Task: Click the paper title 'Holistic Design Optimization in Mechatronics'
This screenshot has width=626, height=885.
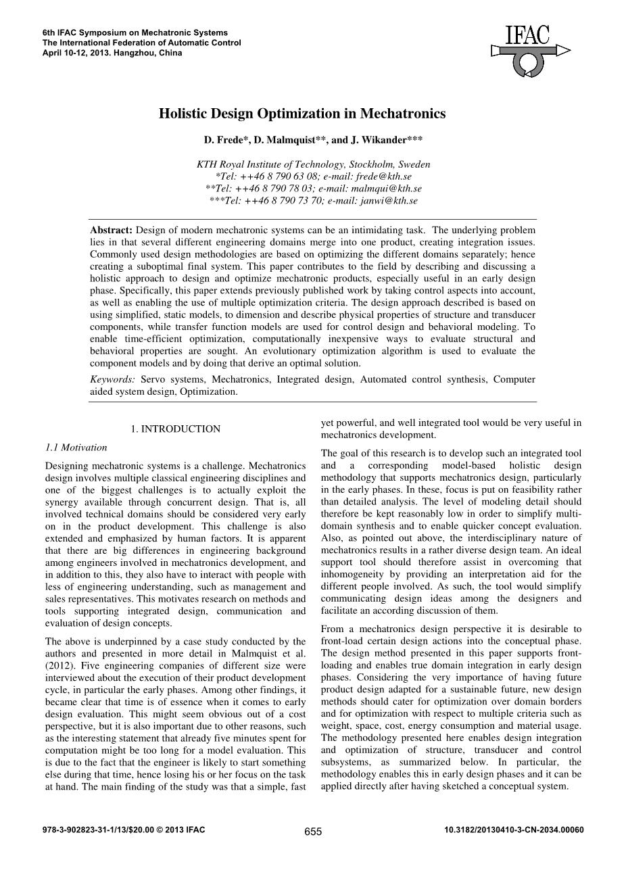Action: click(x=302, y=114)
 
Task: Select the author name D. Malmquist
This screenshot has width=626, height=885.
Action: click(x=270, y=141)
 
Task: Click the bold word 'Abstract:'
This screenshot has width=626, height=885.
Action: click(x=112, y=230)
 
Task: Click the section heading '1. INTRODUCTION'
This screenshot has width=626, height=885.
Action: click(x=175, y=429)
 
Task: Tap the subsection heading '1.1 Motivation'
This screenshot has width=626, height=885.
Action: click(x=76, y=447)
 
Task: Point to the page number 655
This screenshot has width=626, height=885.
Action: click(x=313, y=832)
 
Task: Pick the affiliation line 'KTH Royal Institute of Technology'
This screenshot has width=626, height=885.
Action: click(x=313, y=164)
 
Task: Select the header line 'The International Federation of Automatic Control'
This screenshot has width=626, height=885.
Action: click(x=141, y=43)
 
